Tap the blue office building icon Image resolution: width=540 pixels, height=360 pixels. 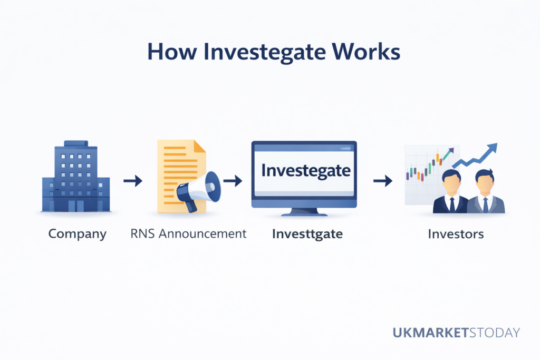[76, 176]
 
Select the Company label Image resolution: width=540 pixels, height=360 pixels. [77, 233]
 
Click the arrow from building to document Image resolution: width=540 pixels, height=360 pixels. [133, 181]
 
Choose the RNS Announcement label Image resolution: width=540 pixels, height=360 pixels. [188, 233]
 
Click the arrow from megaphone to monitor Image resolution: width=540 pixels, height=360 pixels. [232, 181]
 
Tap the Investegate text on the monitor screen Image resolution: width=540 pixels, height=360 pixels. [306, 171]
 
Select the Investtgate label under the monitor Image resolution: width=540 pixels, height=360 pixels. [307, 233]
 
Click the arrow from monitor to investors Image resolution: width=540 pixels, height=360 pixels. [383, 181]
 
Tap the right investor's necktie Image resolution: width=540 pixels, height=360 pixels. [485, 205]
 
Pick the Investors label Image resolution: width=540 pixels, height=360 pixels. [456, 233]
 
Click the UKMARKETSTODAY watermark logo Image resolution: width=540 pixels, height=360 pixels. [456, 333]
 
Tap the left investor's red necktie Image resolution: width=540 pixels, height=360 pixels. [452, 205]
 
